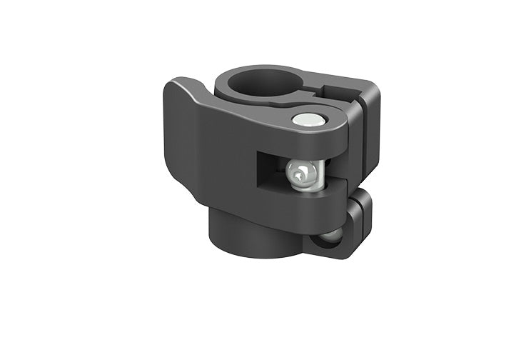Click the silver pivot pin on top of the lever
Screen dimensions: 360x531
point(306,120)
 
